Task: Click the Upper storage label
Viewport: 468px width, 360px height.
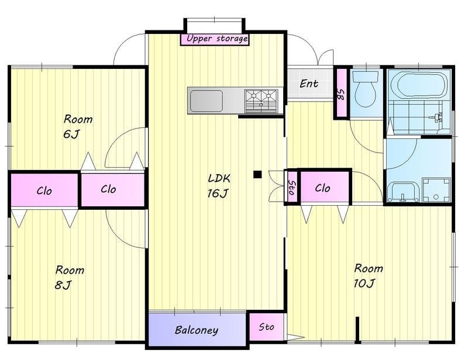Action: pyautogui.click(x=217, y=39)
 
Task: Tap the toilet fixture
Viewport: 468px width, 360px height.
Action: pyautogui.click(x=365, y=89)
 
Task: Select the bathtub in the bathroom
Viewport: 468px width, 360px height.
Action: pyautogui.click(x=419, y=84)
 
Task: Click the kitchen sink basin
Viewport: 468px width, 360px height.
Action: pyautogui.click(x=207, y=101)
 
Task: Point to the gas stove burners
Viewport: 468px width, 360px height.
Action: pyautogui.click(x=261, y=101)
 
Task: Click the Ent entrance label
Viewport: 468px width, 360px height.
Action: pyautogui.click(x=309, y=84)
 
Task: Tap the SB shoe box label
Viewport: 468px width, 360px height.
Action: pyautogui.click(x=340, y=95)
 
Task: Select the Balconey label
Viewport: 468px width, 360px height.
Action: pyautogui.click(x=197, y=330)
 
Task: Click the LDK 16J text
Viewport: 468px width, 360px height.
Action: pyautogui.click(x=218, y=186)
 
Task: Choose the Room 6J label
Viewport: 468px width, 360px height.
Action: pyautogui.click(x=78, y=126)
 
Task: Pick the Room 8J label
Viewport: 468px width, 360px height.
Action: pyautogui.click(x=70, y=277)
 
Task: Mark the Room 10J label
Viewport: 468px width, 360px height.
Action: pyautogui.click(x=368, y=275)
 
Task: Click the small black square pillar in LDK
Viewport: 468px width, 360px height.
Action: pyautogui.click(x=257, y=175)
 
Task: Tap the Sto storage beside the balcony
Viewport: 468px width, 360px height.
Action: pyautogui.click(x=267, y=327)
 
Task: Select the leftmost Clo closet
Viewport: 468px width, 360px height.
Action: pyautogui.click(x=44, y=191)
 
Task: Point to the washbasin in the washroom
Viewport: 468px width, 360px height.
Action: pyautogui.click(x=402, y=192)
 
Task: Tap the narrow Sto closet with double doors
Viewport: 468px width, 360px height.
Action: pyautogui.click(x=291, y=187)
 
